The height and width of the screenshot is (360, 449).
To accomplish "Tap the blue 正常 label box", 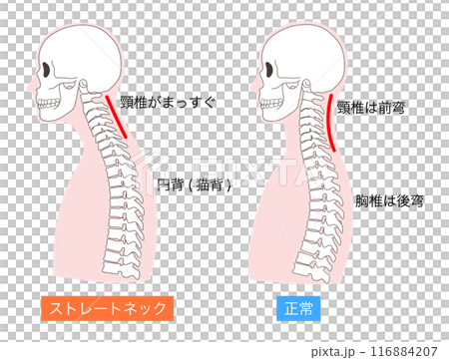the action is (x=297, y=308).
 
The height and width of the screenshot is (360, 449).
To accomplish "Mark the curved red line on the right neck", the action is (x=326, y=120).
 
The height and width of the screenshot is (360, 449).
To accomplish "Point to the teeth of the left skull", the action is (x=50, y=100).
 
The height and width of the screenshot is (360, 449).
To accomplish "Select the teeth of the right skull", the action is (x=268, y=101).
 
